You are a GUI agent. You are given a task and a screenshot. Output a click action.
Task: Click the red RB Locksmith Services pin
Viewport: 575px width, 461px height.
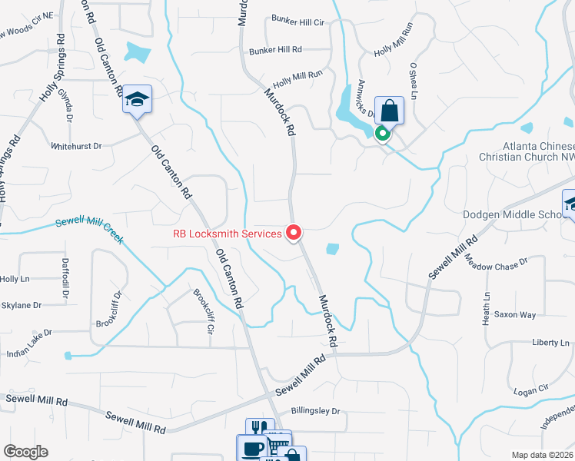293,232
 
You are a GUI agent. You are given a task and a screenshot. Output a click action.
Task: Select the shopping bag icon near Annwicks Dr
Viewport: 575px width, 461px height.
390,111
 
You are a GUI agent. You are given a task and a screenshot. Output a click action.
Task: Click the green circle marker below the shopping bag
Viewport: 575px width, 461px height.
382,134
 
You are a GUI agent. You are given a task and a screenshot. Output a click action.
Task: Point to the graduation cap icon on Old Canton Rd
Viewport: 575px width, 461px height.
138,99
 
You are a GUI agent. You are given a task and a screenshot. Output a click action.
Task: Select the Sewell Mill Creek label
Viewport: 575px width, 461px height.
89,231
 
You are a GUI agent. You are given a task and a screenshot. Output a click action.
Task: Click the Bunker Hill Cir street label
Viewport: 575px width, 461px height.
297,22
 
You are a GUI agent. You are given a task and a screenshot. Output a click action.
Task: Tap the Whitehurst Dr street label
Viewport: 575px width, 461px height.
76,145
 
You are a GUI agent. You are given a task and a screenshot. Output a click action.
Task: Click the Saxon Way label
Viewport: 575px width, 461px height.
514,315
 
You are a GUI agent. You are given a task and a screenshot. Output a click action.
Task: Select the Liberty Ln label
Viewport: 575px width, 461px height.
550,342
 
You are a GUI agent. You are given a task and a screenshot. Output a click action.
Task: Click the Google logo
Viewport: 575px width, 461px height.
25,452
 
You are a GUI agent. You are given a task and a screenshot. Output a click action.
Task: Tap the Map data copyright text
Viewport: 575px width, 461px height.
541,455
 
